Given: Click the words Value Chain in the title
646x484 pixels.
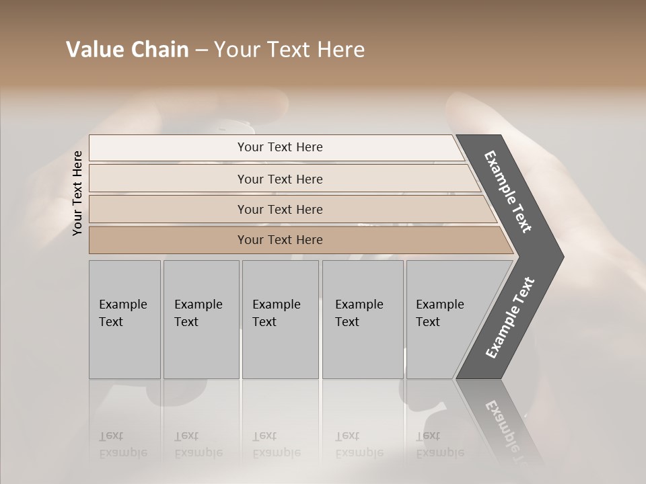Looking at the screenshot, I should coord(127,50).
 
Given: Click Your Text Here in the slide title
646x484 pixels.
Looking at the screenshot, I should coord(289,50).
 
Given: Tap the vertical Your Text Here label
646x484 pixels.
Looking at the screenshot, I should coord(77,193).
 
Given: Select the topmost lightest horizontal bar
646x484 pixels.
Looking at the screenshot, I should coord(168,148).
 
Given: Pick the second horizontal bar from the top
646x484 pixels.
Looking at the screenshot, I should coord(168,179).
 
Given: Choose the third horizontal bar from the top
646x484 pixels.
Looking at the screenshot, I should coord(168,209).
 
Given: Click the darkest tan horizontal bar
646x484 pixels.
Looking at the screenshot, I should coord(168,240).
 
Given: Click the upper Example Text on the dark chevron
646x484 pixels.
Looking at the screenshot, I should coord(508,192).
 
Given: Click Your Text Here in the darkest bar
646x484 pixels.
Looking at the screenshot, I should coord(280,240).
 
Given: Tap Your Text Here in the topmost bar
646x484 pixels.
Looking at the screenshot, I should coord(280,147).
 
